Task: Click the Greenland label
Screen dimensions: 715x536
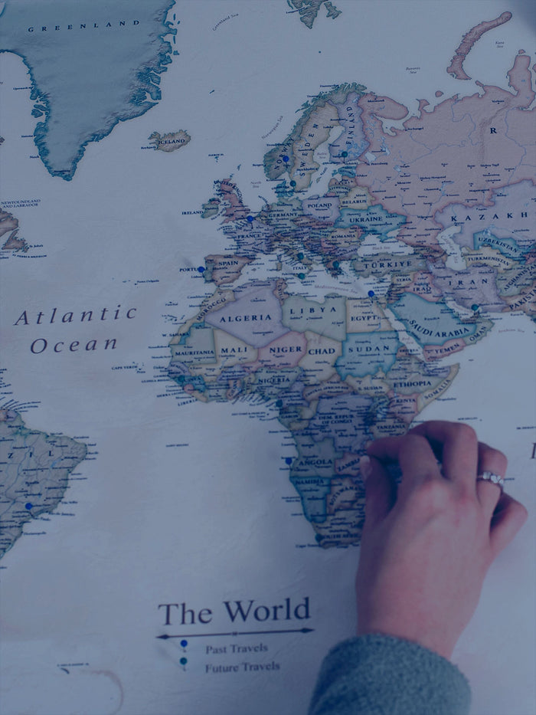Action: [x=84, y=25]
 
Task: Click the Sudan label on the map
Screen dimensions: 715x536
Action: [x=369, y=349]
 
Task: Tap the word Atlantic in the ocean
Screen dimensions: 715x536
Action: [x=75, y=315]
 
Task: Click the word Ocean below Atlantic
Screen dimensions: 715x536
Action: [x=74, y=345]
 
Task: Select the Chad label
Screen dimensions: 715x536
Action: [x=321, y=351]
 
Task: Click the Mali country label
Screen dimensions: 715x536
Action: [x=233, y=351]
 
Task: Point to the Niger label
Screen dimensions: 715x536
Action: [x=286, y=351]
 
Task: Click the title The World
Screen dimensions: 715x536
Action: [x=234, y=612]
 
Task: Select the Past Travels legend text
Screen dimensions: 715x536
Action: [x=236, y=648]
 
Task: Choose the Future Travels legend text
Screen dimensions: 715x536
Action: [x=242, y=667]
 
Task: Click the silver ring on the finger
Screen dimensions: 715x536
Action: [x=490, y=479]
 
